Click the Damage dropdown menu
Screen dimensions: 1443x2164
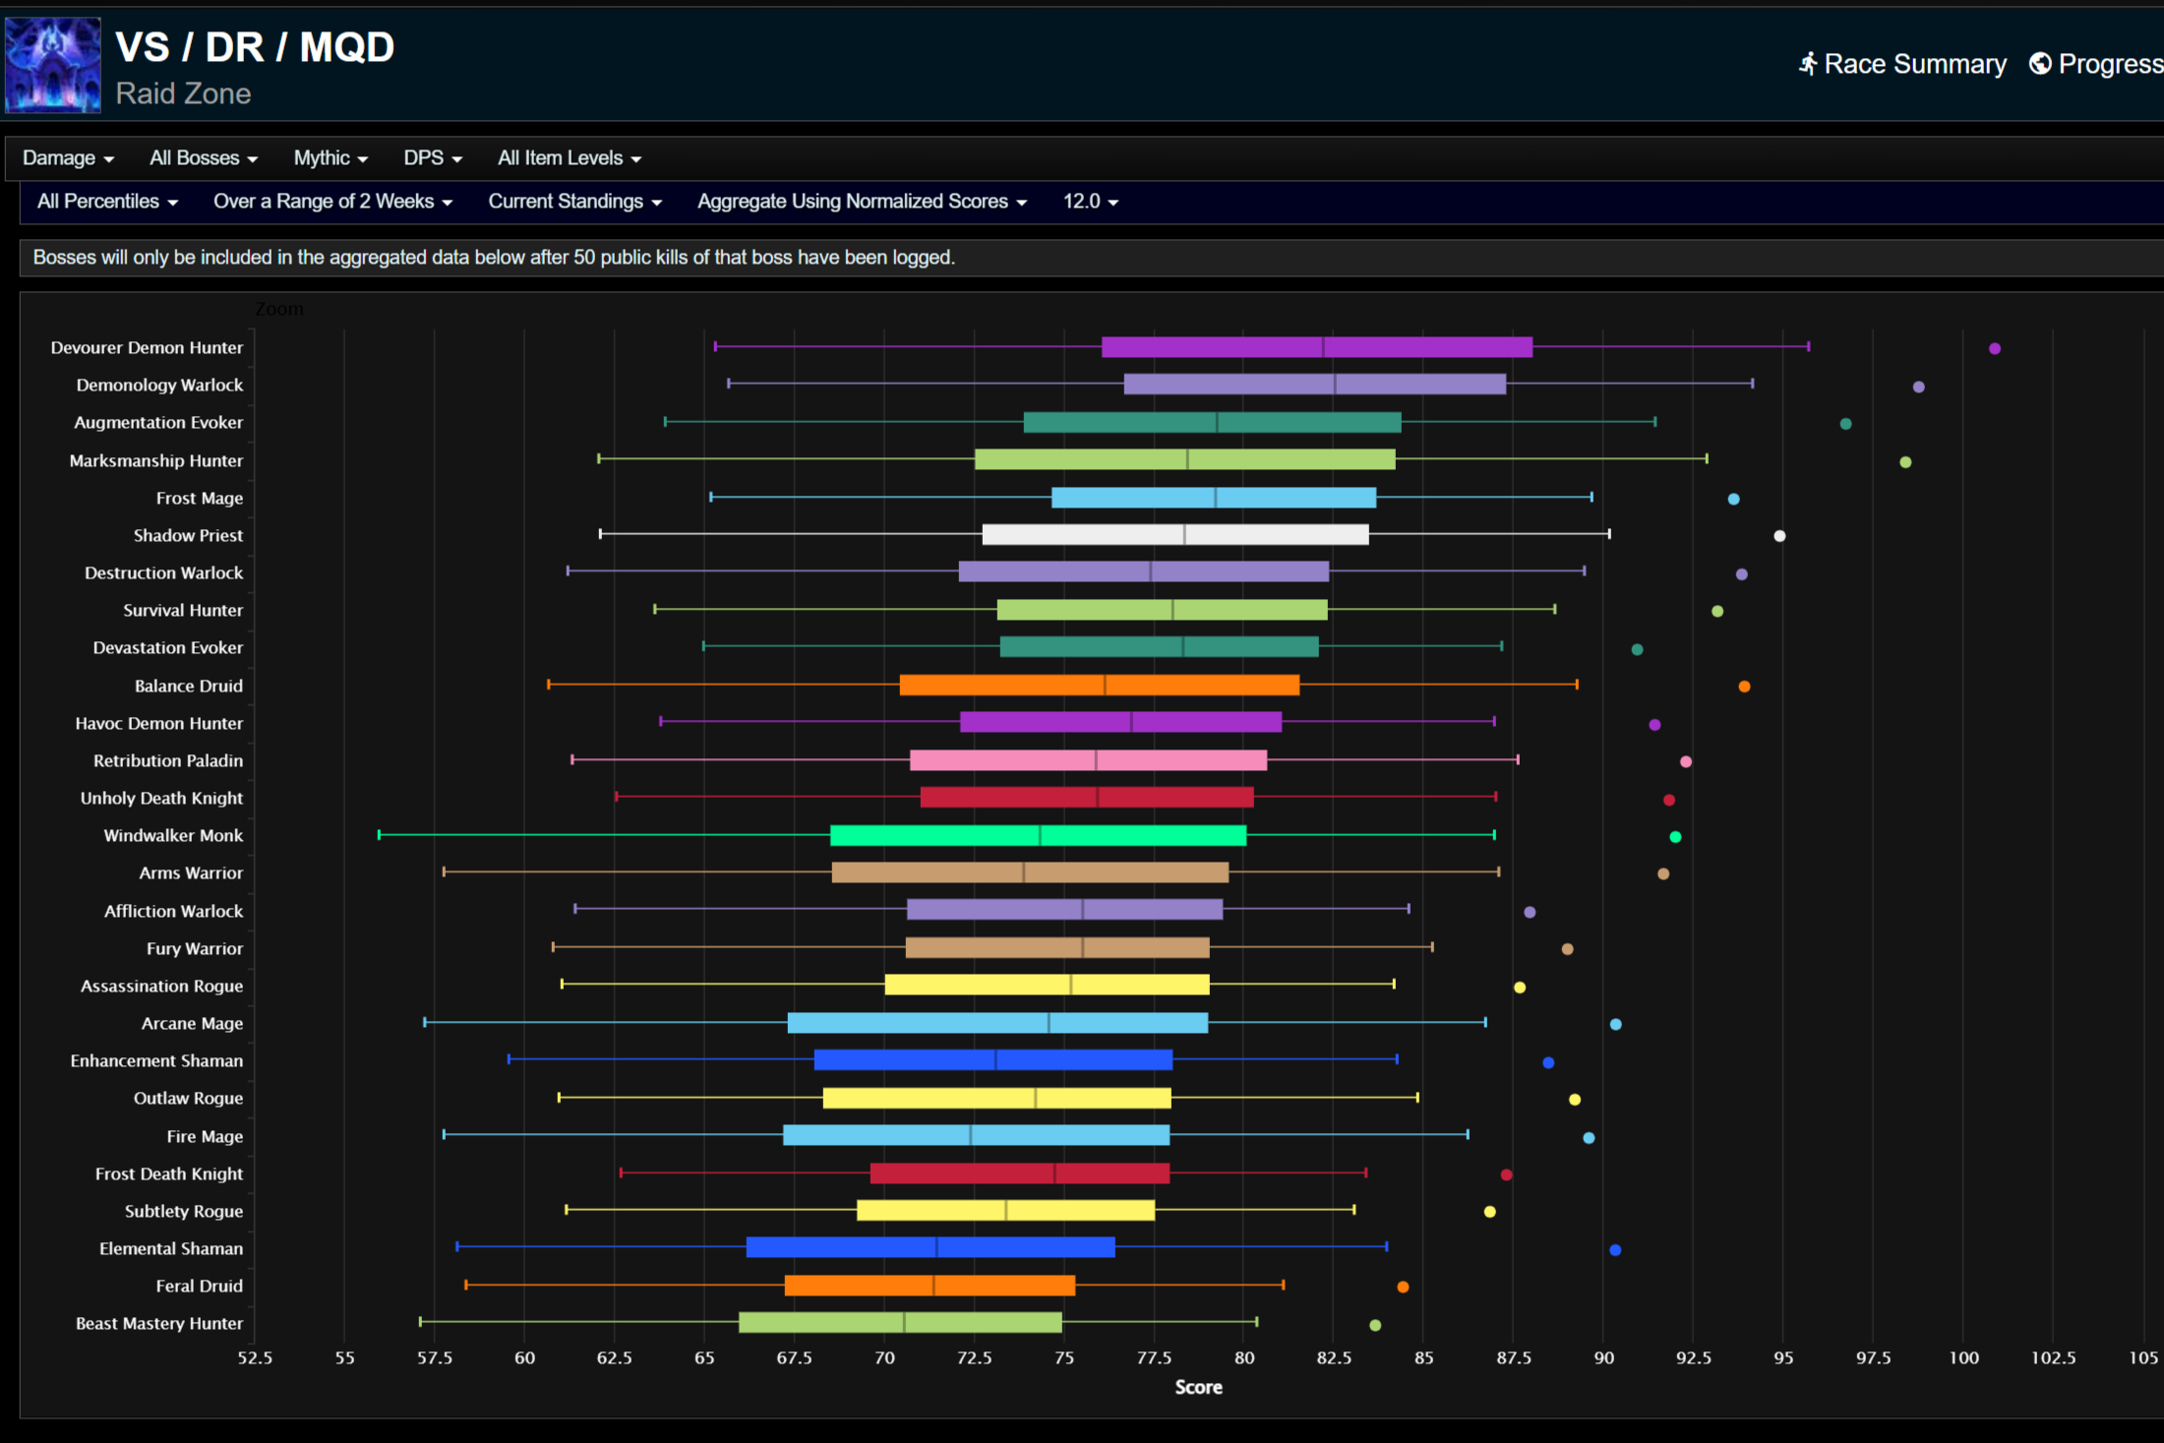(x=68, y=158)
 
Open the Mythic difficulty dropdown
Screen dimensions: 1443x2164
(x=331, y=158)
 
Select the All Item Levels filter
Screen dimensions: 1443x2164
(x=569, y=158)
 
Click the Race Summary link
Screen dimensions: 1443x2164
(x=1902, y=64)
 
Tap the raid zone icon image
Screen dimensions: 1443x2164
(x=53, y=65)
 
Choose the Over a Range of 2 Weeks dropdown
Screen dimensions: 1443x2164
(x=332, y=202)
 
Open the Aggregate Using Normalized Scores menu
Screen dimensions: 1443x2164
(x=862, y=202)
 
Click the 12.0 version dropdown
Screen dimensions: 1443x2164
(x=1090, y=202)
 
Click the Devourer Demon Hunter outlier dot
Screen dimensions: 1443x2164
(x=1994, y=348)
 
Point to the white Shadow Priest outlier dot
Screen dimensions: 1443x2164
(x=1778, y=536)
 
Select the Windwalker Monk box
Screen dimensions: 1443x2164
(x=1038, y=835)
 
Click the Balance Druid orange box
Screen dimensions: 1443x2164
(x=1099, y=685)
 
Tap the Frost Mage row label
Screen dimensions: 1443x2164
(x=199, y=499)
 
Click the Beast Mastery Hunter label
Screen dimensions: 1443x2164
(x=158, y=1324)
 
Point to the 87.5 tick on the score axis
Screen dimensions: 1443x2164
(x=1513, y=1358)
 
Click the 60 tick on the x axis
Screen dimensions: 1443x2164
(x=524, y=1358)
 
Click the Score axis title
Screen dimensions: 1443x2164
(x=1198, y=1388)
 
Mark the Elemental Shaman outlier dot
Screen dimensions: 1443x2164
(x=1614, y=1250)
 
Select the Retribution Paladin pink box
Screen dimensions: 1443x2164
(x=1088, y=760)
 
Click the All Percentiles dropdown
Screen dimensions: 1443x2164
(x=107, y=202)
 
